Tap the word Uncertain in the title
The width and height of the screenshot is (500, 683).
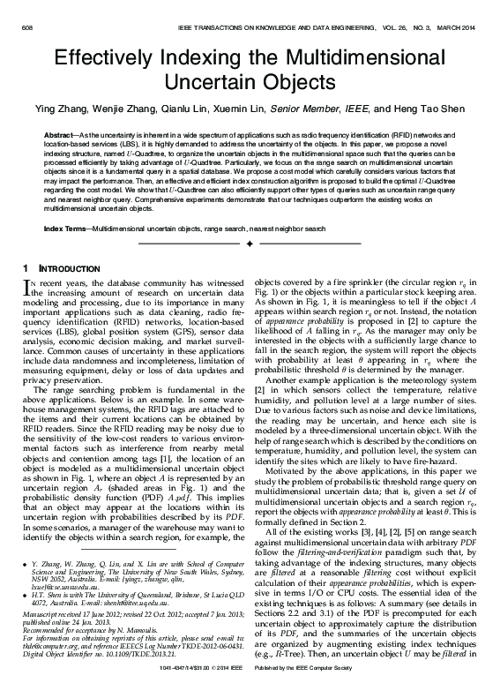click(218, 86)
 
